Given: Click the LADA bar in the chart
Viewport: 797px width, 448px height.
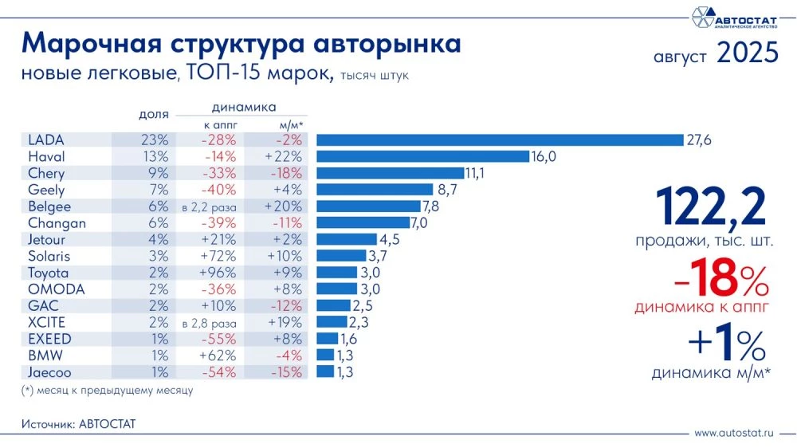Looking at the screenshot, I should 500,140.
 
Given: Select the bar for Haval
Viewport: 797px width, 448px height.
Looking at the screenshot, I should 423,157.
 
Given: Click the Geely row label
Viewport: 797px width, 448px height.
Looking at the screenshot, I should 46,190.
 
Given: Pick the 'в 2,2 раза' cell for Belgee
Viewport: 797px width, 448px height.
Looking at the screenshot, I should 211,206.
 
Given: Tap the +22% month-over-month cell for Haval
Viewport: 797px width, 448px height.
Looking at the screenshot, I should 283,157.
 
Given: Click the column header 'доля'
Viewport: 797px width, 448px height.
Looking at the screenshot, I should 153,116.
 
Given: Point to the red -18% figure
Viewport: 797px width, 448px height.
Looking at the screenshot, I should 711,280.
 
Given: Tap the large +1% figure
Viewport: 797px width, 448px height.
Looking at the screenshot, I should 727,345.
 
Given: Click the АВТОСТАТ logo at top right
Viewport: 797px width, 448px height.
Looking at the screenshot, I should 732,17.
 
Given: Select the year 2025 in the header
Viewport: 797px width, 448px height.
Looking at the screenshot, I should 747,54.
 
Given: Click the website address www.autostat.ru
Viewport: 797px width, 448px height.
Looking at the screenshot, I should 734,433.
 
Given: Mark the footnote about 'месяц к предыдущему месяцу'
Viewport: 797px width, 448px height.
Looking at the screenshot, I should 107,391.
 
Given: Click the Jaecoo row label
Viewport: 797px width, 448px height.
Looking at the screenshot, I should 50,371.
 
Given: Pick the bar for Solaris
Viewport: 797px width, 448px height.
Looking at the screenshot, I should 342,256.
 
